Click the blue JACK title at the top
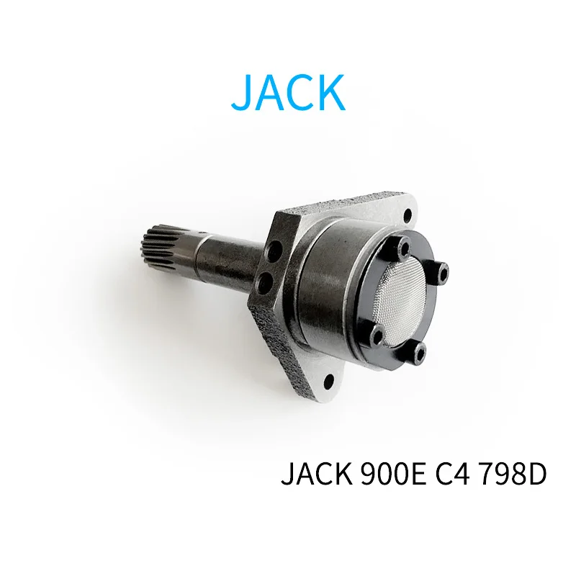tap(289, 92)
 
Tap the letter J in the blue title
tap(240, 92)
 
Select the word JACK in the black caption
tap(316, 474)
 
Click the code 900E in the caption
tap(392, 474)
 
